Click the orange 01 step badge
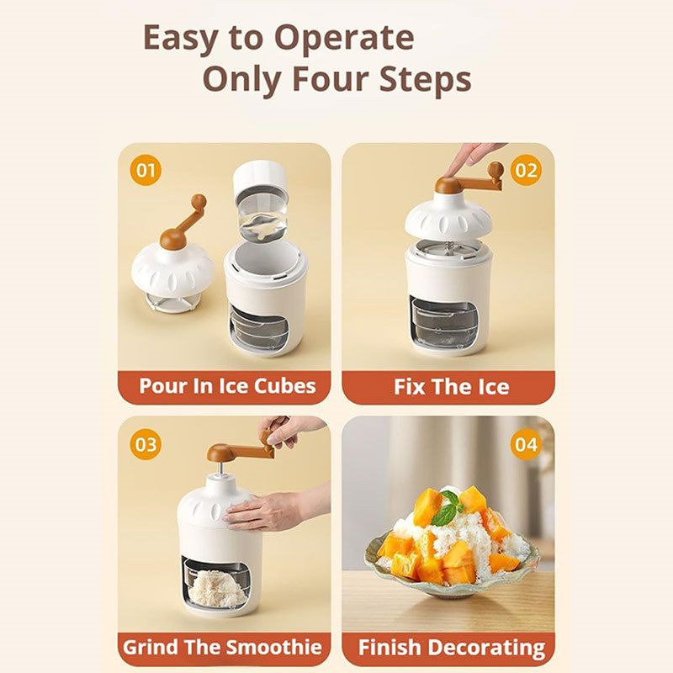[x=146, y=171]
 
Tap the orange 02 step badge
[x=527, y=171]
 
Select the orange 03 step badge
[x=146, y=444]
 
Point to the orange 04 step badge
[x=527, y=444]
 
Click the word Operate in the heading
[x=344, y=39]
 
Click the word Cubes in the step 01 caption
[x=285, y=386]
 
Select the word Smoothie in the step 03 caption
[x=274, y=647]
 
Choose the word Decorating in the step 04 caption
[x=487, y=648]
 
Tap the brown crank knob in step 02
[x=495, y=170]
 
